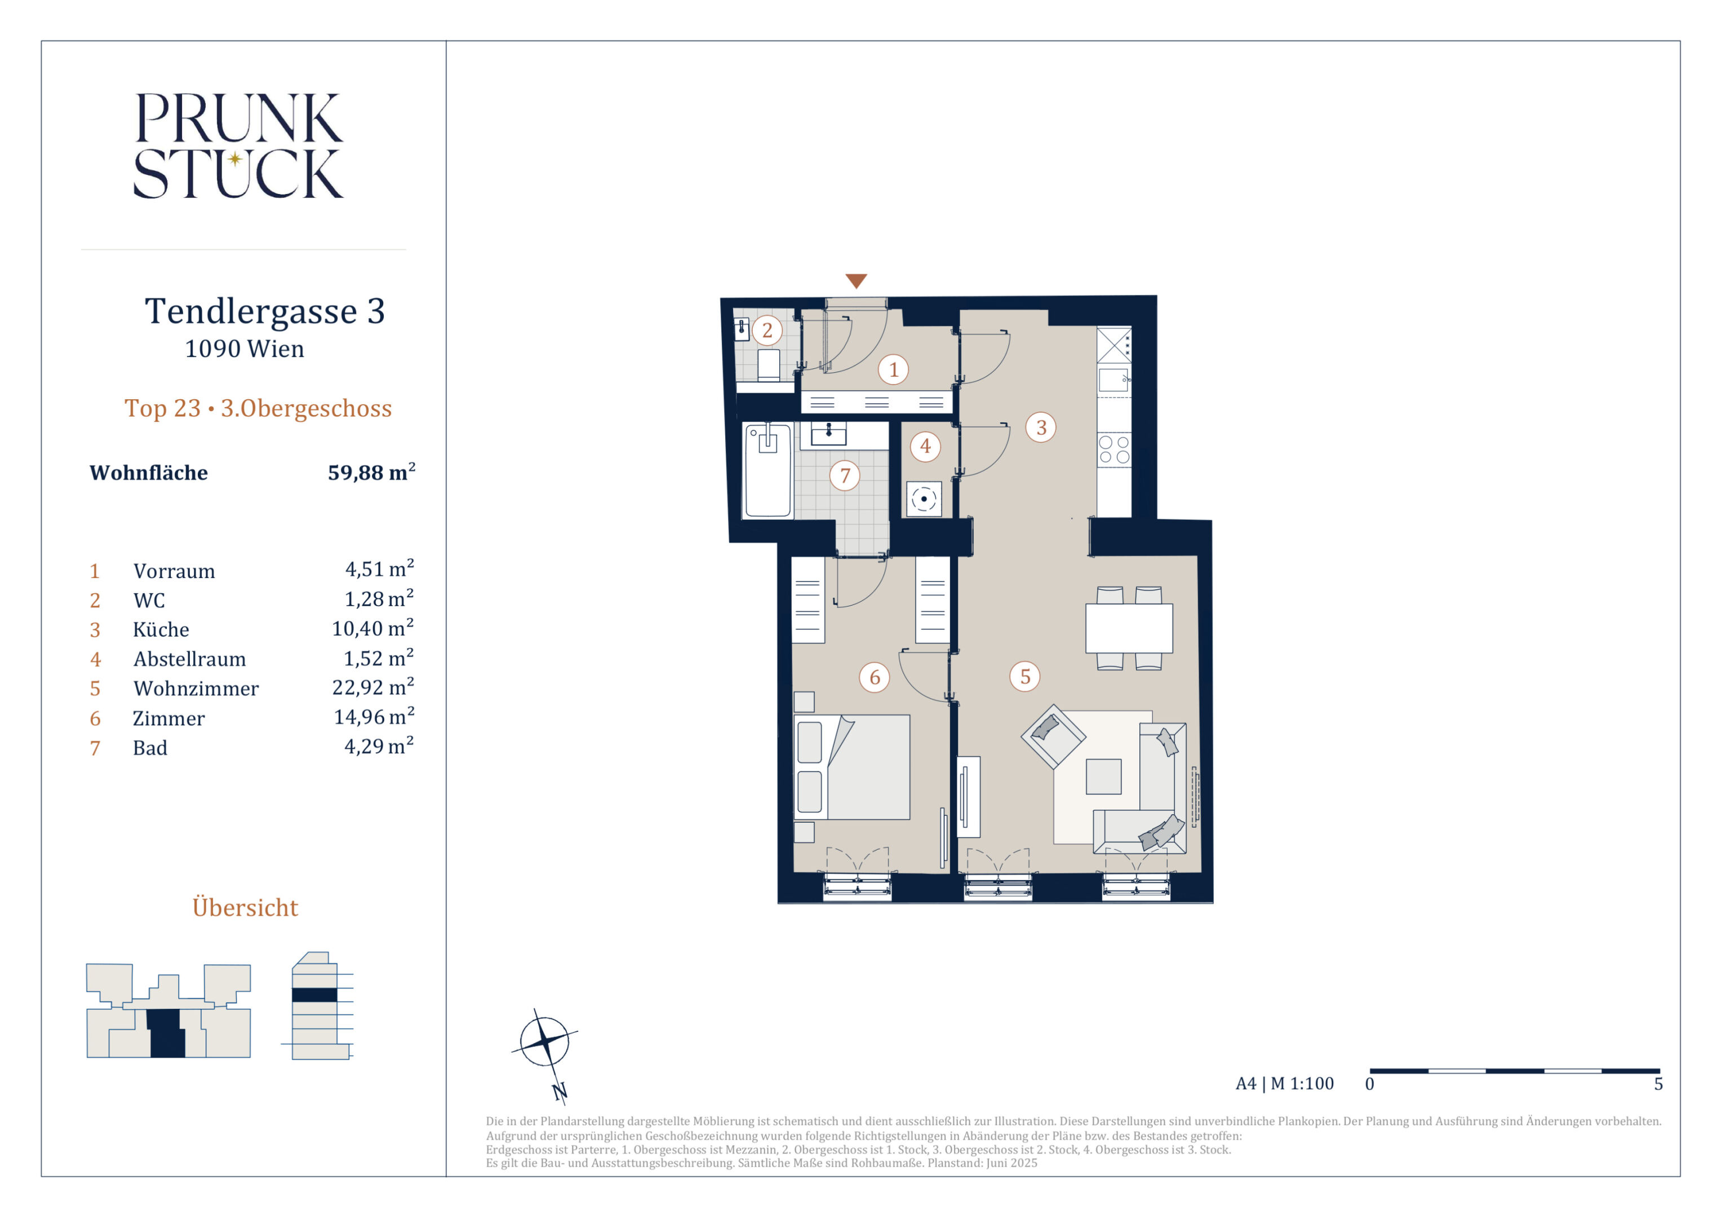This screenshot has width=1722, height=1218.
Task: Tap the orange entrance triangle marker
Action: (856, 281)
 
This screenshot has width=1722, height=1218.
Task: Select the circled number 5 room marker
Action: (1025, 676)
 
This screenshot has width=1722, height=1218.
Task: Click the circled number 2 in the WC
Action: (766, 330)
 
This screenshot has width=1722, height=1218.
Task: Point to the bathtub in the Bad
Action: (767, 470)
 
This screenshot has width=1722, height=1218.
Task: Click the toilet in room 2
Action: (768, 365)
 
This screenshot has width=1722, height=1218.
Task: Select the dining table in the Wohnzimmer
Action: (1129, 628)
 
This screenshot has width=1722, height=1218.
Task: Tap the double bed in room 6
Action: (852, 767)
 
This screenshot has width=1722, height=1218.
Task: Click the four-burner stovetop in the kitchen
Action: (1114, 449)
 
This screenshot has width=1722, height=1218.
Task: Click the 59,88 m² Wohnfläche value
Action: (371, 472)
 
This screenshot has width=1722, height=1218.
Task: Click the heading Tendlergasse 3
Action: (265, 311)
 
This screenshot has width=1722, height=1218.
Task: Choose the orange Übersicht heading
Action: (245, 907)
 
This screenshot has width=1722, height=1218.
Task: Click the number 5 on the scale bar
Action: (1658, 1084)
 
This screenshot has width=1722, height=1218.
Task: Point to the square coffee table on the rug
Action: (1103, 776)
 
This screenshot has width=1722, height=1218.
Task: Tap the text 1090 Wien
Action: (245, 349)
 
